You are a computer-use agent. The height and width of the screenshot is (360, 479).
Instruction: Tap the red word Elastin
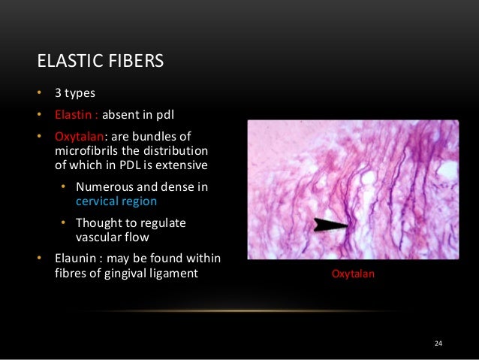[75, 116]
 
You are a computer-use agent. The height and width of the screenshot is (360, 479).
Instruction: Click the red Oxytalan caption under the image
[353, 275]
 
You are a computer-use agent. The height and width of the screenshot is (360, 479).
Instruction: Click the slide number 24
[439, 344]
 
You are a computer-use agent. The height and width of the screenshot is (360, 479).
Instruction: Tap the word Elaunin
[74, 259]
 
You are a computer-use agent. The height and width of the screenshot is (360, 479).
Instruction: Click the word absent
[119, 116]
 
